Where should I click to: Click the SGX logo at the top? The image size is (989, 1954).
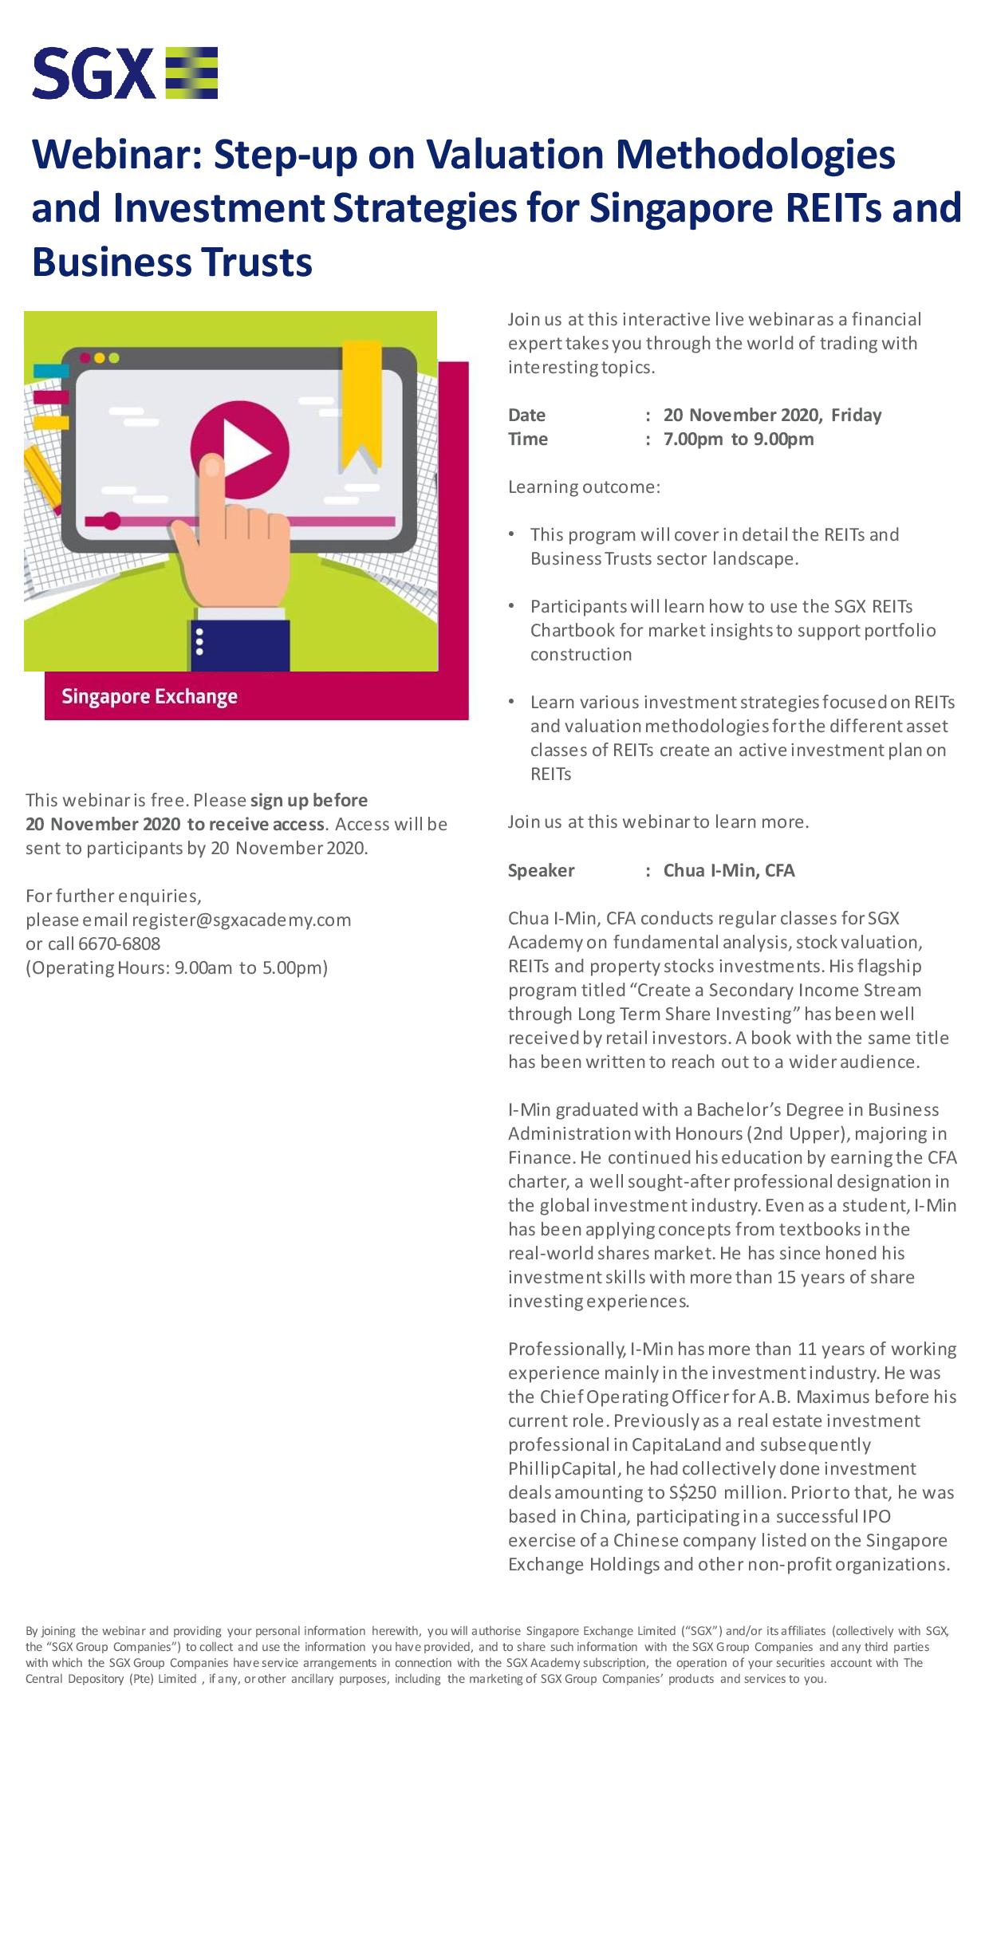(125, 73)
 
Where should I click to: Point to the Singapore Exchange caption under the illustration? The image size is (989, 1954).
(149, 697)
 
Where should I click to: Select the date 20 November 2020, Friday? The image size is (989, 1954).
(772, 415)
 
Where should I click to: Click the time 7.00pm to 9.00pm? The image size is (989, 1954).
(738, 439)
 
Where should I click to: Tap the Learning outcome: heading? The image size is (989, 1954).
(584, 487)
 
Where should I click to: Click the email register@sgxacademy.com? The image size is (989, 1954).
(241, 920)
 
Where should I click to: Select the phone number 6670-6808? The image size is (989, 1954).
(120, 944)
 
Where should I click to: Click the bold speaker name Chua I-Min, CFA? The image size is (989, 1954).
(729, 870)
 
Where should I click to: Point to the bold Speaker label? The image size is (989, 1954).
(541, 870)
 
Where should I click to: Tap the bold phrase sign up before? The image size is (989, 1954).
(309, 800)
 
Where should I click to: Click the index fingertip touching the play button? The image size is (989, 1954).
(212, 466)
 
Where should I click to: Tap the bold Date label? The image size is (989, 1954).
(526, 415)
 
